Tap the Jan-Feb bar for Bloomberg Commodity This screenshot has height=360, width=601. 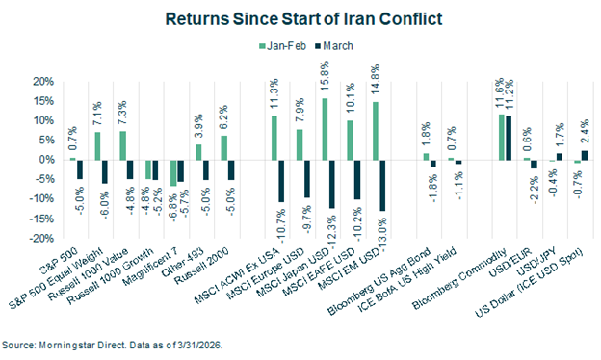[500, 138]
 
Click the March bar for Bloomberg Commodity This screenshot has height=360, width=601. [509, 139]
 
